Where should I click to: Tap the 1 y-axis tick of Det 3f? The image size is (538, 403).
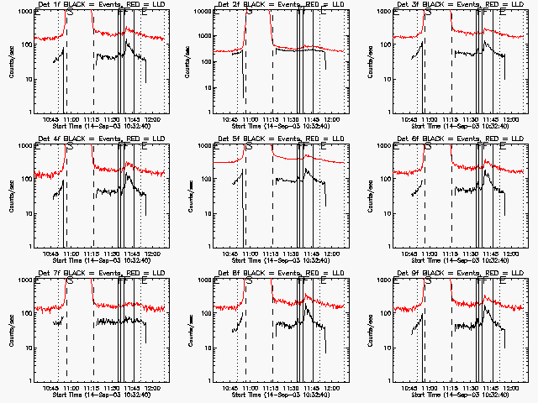(393, 112)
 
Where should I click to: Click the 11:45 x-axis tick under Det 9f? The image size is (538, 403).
(491, 387)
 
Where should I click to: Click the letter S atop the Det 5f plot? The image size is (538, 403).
(249, 148)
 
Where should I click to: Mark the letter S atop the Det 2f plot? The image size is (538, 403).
(249, 13)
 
